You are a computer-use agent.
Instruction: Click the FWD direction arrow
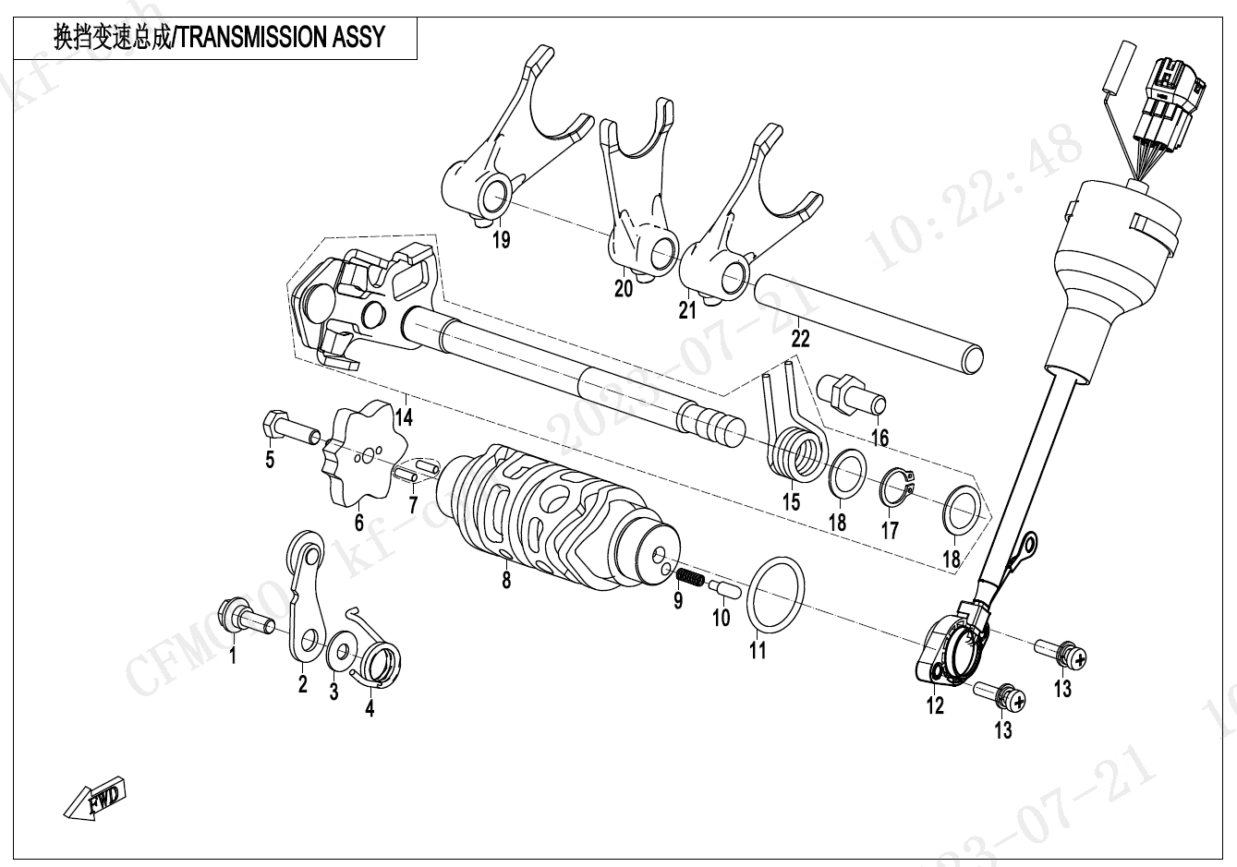(x=96, y=799)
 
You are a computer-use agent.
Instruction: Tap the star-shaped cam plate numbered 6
(x=363, y=453)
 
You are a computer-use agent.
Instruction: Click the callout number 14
(x=403, y=416)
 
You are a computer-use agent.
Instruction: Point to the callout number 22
(x=800, y=338)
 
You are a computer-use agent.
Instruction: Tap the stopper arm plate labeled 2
(x=306, y=600)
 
